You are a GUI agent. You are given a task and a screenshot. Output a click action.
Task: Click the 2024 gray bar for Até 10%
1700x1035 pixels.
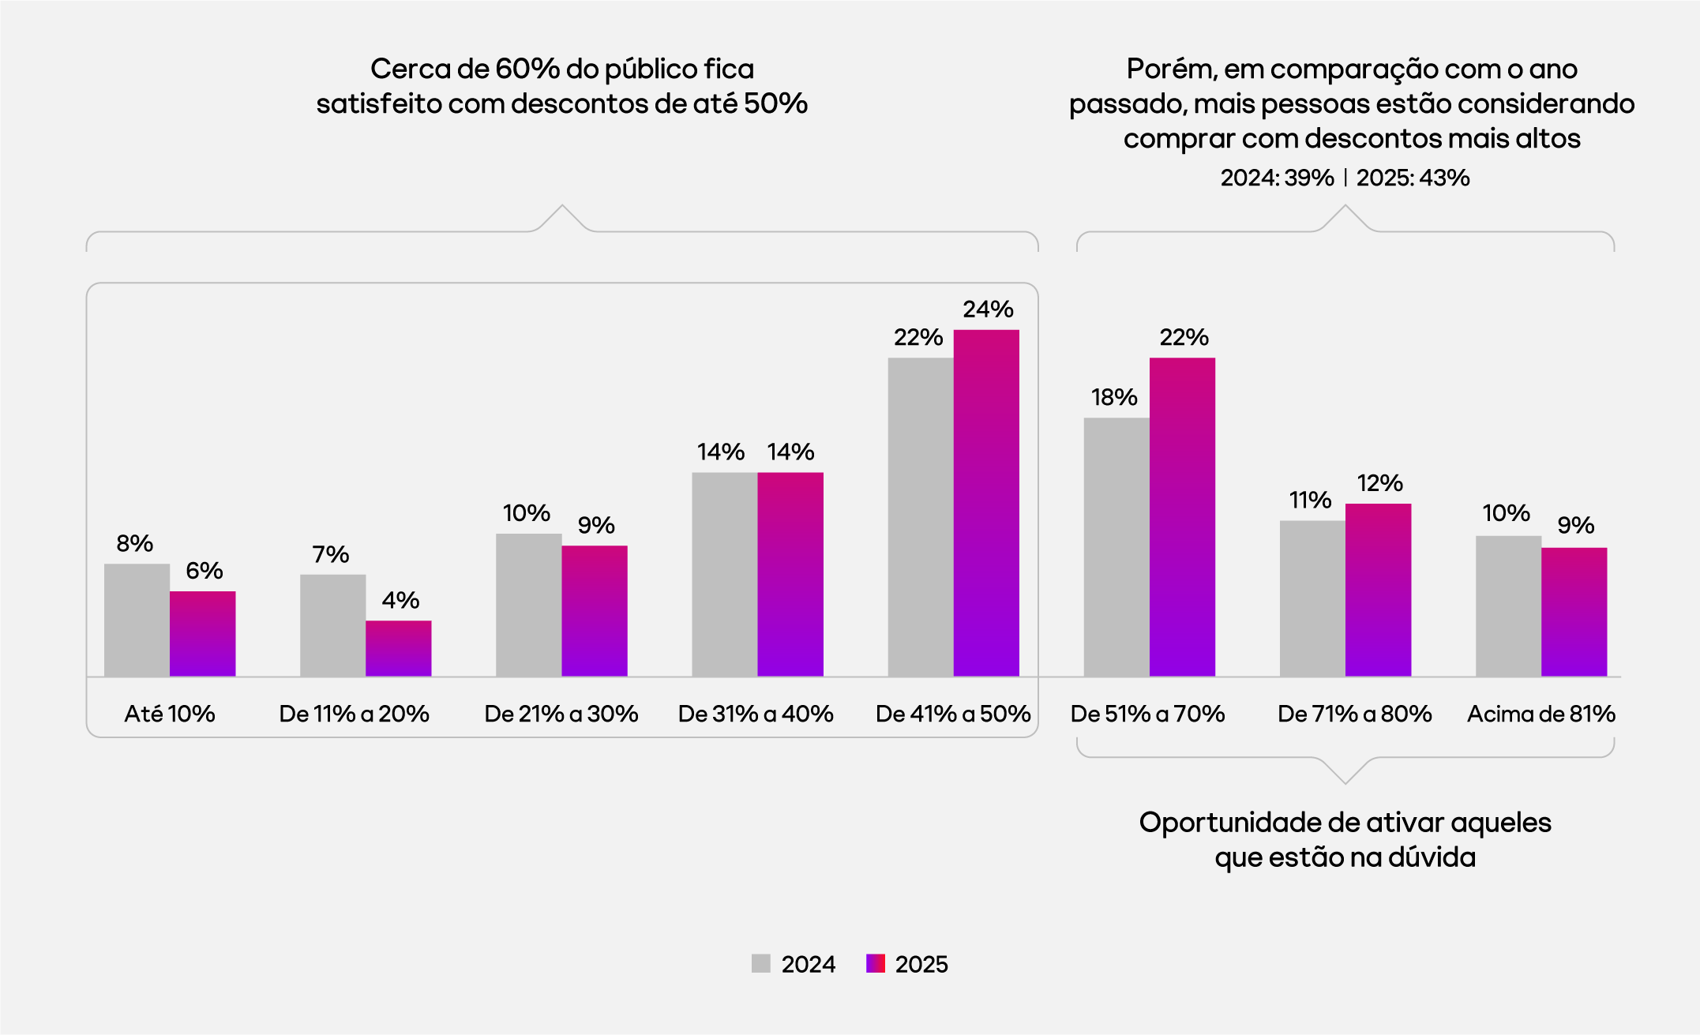(137, 620)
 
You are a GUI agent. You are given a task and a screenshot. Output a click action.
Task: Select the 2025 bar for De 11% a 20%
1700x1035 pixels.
(398, 648)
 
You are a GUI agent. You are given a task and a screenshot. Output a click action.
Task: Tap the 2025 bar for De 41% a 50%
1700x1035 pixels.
(986, 503)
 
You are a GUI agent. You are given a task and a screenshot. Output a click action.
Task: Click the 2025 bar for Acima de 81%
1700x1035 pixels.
(1574, 612)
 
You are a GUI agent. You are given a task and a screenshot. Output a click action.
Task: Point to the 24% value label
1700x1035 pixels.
(988, 309)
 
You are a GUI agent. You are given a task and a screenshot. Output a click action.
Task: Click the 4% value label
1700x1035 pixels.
(400, 600)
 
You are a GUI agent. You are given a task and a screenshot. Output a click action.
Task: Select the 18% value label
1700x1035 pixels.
(1114, 397)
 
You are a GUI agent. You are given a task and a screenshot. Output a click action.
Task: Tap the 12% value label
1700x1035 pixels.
(1379, 483)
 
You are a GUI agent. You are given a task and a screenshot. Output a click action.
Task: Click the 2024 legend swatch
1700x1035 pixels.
(760, 963)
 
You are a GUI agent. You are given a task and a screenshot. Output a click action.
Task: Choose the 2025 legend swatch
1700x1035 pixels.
(875, 963)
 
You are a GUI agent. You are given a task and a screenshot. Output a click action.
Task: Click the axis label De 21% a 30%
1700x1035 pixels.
(561, 714)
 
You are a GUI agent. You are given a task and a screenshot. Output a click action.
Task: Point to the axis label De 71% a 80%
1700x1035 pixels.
(1354, 714)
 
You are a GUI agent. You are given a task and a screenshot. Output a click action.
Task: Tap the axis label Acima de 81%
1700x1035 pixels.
(1541, 714)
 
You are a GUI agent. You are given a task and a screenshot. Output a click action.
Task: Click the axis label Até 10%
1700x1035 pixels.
(170, 714)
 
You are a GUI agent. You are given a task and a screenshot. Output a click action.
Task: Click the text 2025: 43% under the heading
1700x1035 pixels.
(1413, 178)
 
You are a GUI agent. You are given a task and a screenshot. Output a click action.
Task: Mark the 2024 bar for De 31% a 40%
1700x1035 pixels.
(724, 574)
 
